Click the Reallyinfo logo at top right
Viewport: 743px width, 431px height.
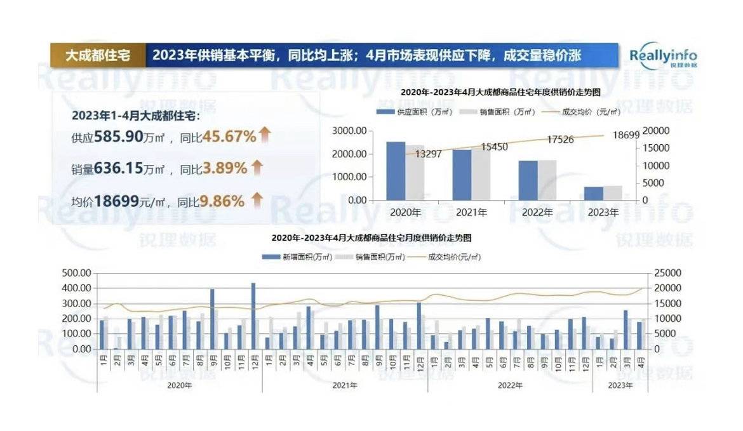663,56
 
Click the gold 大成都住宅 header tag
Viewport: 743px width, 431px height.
98,55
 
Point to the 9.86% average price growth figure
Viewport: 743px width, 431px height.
222,201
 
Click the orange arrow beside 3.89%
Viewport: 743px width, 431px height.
257,168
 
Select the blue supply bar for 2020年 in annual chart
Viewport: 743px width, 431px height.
396,171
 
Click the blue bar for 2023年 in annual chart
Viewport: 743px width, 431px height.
594,193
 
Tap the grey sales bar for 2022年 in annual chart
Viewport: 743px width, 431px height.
547,180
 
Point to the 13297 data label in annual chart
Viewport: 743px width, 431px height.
428,154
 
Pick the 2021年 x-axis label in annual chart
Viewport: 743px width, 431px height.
471,213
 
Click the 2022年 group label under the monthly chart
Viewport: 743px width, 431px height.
510,385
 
